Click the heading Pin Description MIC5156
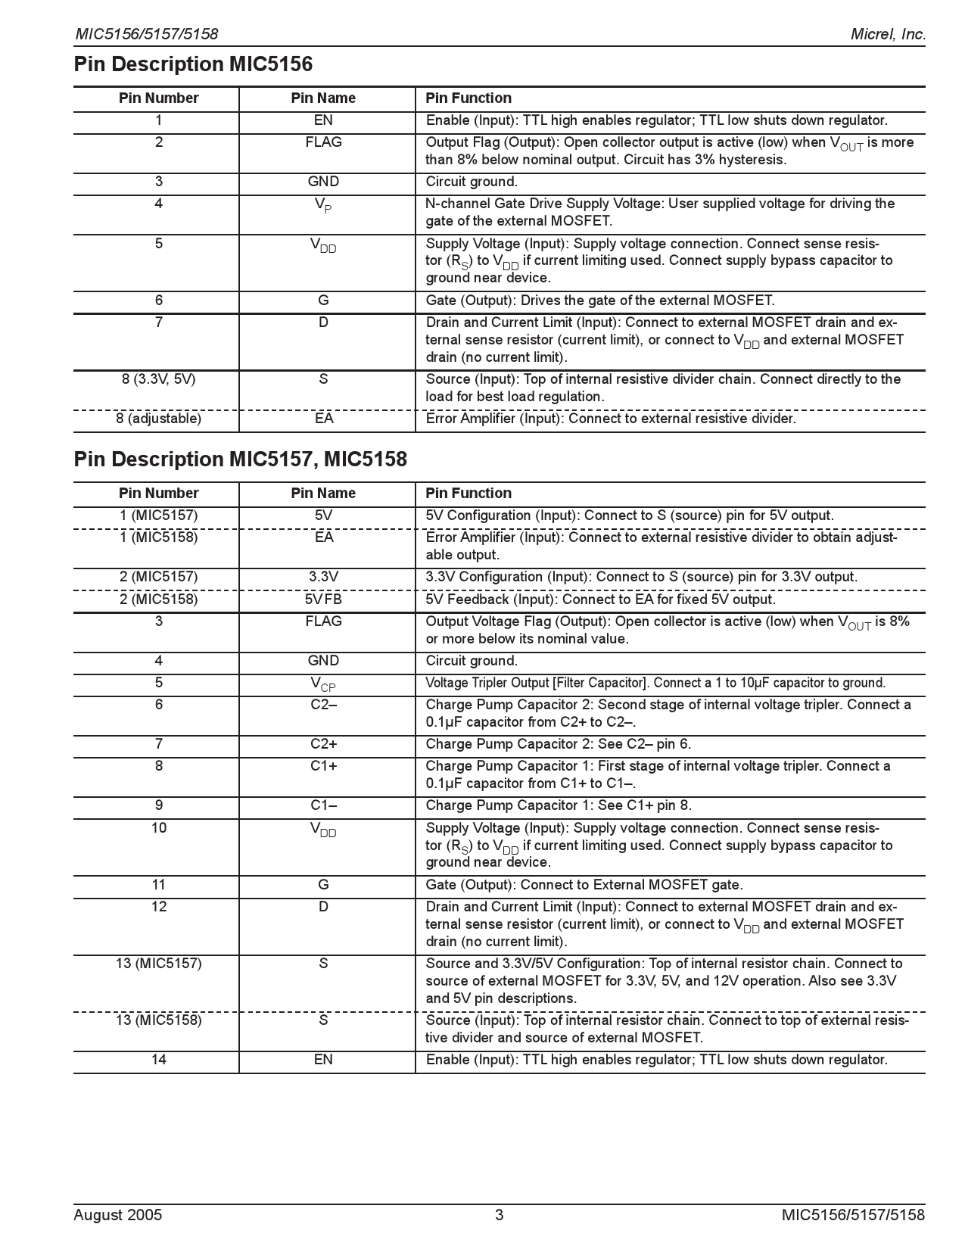pyautogui.click(x=193, y=64)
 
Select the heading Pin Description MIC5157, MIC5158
pyautogui.click(x=240, y=459)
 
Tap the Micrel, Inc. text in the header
pyautogui.click(x=888, y=34)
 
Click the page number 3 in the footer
pyautogui.click(x=499, y=1216)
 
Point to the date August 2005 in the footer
pyautogui.click(x=117, y=1216)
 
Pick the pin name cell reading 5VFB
pyautogui.click(x=323, y=600)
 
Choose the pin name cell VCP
pyautogui.click(x=323, y=684)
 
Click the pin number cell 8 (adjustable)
pyautogui.click(x=158, y=419)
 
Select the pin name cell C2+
pyautogui.click(x=323, y=744)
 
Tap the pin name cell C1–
pyautogui.click(x=323, y=805)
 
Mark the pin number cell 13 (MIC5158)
pyautogui.click(x=158, y=1020)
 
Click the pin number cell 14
pyautogui.click(x=158, y=1060)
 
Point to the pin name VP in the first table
pyautogui.click(x=323, y=205)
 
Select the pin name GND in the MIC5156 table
pyautogui.click(x=323, y=182)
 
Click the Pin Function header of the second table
pyautogui.click(x=468, y=494)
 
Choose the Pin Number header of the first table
pyautogui.click(x=158, y=98)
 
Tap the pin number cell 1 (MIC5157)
pyautogui.click(x=158, y=515)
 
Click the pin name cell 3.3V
pyautogui.click(x=323, y=577)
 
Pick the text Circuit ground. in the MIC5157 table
pyautogui.click(x=472, y=661)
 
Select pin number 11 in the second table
pyautogui.click(x=158, y=885)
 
